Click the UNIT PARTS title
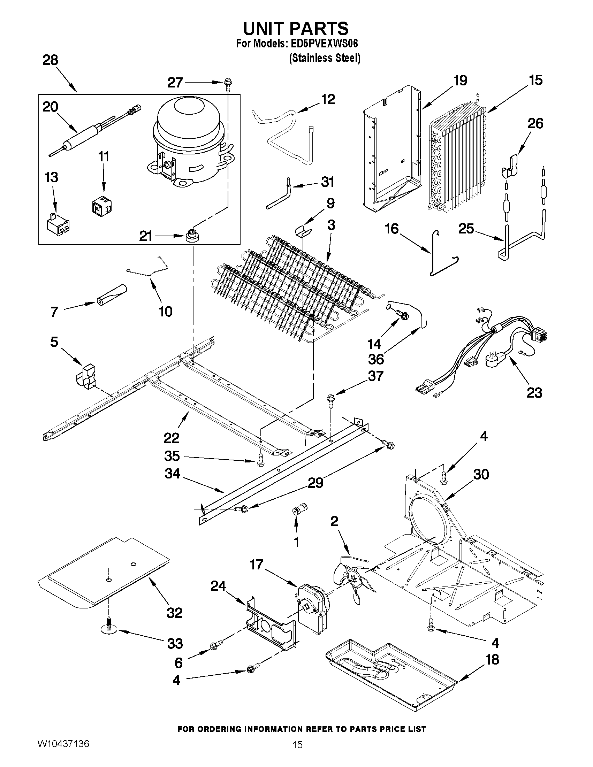tap(296, 28)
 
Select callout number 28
tap(50, 60)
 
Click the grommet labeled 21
tap(191, 236)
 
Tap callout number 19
tap(460, 80)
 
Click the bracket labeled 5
tap(86, 376)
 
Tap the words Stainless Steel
tap(325, 58)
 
